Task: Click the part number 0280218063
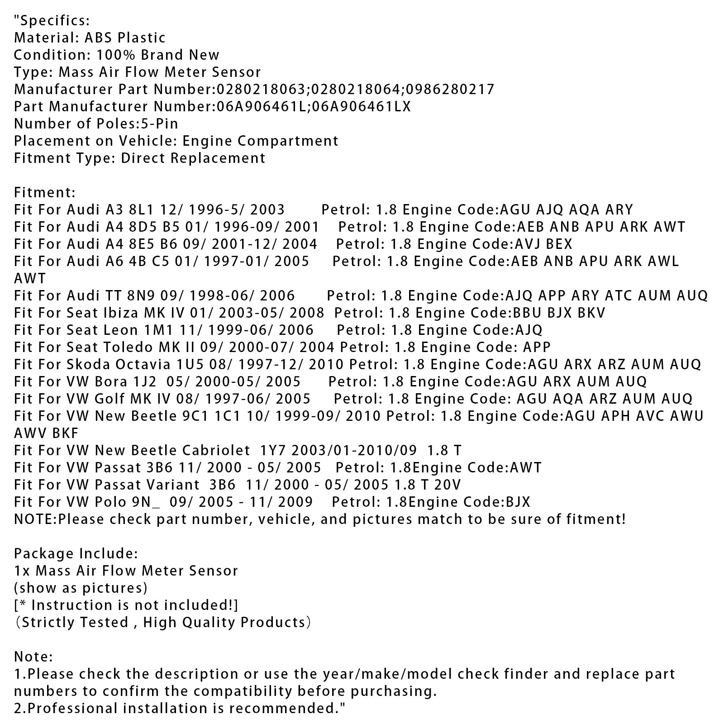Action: (262, 89)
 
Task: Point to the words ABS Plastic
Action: (125, 38)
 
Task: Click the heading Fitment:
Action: (45, 192)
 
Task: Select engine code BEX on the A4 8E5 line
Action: (559, 244)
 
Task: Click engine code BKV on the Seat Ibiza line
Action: (591, 313)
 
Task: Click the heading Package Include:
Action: (76, 553)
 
